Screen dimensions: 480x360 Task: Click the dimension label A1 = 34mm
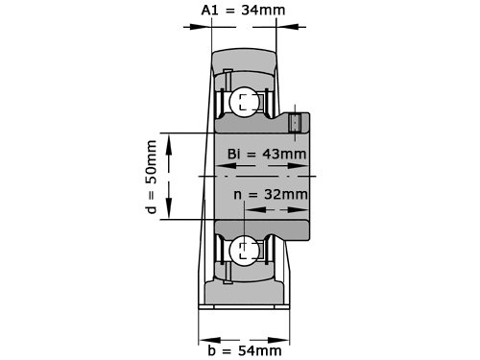[243, 10]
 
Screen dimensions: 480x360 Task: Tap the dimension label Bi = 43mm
[267, 154]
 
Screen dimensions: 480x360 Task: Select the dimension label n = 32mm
[271, 194]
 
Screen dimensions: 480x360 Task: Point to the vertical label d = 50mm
[151, 177]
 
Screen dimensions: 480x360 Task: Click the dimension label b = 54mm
[245, 350]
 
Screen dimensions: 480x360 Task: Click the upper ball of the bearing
[245, 102]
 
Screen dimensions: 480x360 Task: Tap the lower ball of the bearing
[245, 251]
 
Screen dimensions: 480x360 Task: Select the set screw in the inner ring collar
[295, 123]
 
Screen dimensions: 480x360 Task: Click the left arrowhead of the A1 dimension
[201, 27]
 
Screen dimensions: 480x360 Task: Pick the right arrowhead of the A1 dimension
[287, 27]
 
